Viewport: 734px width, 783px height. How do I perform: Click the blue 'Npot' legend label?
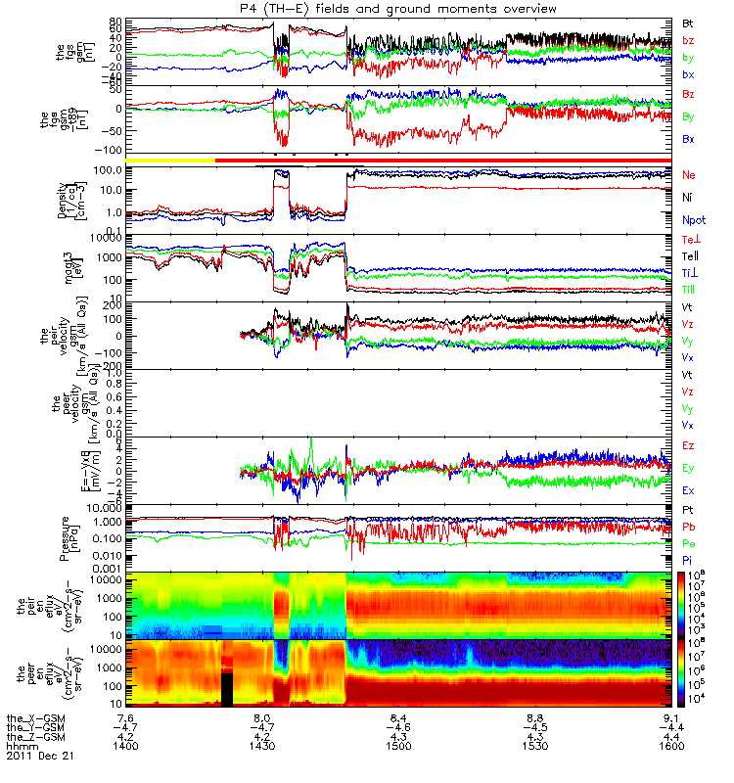pos(694,221)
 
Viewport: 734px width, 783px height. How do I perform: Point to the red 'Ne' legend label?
pos(689,174)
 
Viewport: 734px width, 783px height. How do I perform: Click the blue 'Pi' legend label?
pos(688,558)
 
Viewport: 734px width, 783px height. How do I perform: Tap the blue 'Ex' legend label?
pos(689,490)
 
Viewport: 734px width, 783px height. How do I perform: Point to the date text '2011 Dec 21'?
pos(40,757)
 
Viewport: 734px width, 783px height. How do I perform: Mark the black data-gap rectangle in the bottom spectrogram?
pos(227,686)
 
